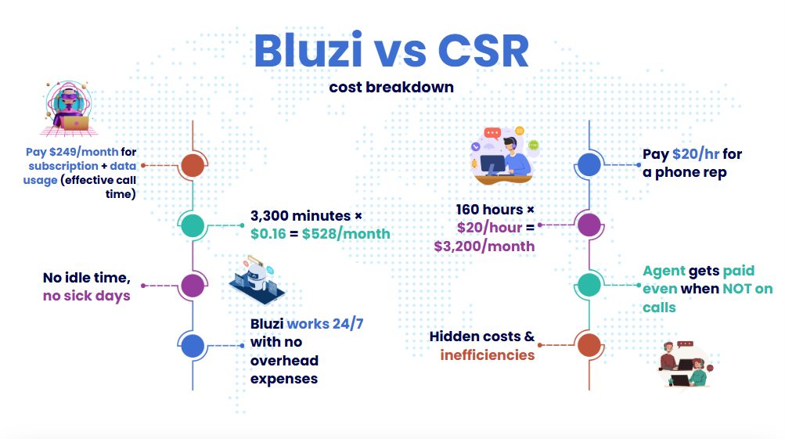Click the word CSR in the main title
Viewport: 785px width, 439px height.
tap(483, 51)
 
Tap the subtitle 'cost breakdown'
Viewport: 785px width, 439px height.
tap(391, 87)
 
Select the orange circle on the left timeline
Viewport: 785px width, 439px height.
tap(193, 165)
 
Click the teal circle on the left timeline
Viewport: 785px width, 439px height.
tap(193, 225)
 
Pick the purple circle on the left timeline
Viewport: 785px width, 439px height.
tap(193, 286)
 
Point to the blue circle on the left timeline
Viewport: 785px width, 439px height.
tap(193, 345)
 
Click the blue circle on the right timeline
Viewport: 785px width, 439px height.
tap(589, 164)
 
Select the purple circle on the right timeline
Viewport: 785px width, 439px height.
tap(589, 225)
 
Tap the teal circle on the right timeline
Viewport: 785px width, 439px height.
tap(589, 285)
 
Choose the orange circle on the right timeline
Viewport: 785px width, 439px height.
tap(589, 345)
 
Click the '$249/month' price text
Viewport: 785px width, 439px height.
tap(84, 152)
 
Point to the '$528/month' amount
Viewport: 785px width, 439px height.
tap(346, 234)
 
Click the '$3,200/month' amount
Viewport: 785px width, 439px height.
tap(484, 246)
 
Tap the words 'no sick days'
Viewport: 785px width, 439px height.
tap(87, 296)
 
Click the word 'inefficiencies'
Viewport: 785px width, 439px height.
tap(488, 355)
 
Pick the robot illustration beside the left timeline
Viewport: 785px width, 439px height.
tap(257, 280)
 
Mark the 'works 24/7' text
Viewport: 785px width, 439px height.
tap(325, 324)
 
